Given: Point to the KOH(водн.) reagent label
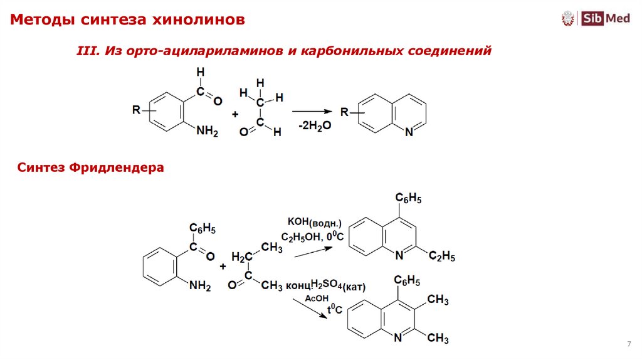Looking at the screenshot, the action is [x=314, y=222].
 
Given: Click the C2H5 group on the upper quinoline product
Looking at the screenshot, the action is [x=442, y=257].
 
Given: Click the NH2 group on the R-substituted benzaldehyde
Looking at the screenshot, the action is [x=207, y=131].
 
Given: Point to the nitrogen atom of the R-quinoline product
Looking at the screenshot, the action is [x=409, y=132].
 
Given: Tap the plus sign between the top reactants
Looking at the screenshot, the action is [x=235, y=115].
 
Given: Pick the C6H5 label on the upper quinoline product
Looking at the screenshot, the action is [x=408, y=199].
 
